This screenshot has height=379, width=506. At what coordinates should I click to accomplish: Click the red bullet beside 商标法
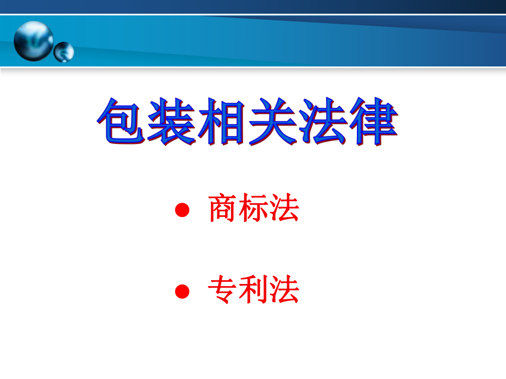182,210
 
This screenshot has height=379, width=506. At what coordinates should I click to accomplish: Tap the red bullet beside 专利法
182,291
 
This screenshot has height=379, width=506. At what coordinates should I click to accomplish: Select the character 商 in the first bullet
223,210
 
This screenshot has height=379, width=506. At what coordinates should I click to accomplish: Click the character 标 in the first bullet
254,210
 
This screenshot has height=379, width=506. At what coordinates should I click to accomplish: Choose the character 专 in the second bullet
223,290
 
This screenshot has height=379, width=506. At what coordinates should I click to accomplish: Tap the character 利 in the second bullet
254,290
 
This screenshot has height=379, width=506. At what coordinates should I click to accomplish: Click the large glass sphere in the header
34,40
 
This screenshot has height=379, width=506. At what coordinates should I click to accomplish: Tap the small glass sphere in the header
63,52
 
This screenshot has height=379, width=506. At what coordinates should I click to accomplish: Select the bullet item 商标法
254,210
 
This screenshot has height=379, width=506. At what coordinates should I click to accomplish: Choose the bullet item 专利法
254,290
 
